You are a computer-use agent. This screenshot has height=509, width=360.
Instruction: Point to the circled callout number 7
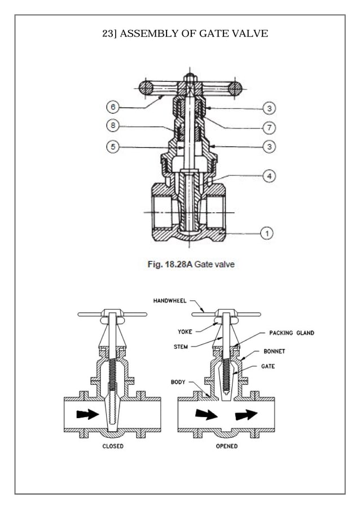point(270,128)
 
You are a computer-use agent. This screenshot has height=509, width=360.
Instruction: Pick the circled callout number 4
point(270,176)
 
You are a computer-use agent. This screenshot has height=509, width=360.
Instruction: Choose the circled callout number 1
point(266,232)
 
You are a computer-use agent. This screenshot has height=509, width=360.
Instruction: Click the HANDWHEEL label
point(169,301)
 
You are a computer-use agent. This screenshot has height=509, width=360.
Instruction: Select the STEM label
point(181,346)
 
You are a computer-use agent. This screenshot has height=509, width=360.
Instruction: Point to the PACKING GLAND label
point(291,333)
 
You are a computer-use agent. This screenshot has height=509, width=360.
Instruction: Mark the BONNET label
point(275,351)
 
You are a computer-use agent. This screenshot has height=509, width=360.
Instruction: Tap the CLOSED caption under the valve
point(113,446)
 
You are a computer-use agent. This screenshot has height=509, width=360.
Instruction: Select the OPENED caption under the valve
point(227,446)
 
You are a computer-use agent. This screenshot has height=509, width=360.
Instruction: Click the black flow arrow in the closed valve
point(87,414)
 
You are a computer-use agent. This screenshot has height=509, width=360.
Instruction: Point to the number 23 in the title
point(107,34)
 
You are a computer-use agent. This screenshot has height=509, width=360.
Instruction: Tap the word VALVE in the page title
point(251,34)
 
